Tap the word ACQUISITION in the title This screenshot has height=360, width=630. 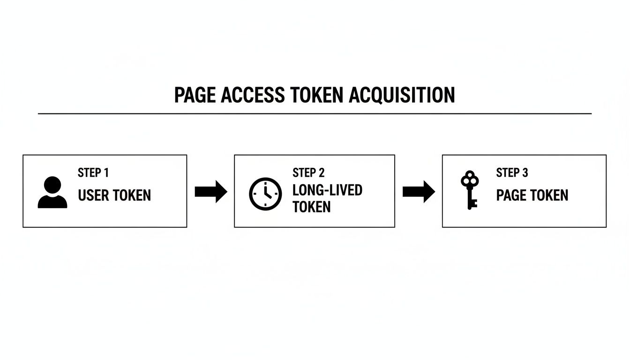(402, 95)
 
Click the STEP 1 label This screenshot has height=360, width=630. (93, 173)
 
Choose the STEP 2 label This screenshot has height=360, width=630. (308, 173)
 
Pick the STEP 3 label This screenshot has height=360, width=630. (512, 173)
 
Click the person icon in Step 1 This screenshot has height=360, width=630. (52, 192)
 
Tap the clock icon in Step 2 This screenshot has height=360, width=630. (265, 194)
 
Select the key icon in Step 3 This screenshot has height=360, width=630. (469, 190)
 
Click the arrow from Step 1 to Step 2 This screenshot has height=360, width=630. (211, 192)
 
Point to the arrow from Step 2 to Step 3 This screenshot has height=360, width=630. (419, 192)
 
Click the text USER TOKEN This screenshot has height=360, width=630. (114, 195)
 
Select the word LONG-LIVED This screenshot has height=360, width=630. (327, 190)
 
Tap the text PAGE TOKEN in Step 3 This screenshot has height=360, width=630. (532, 195)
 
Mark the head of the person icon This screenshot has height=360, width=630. (52, 184)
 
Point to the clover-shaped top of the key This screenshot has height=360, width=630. (469, 179)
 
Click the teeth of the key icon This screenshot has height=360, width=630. (473, 203)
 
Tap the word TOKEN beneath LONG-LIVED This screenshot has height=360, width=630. (311, 207)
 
